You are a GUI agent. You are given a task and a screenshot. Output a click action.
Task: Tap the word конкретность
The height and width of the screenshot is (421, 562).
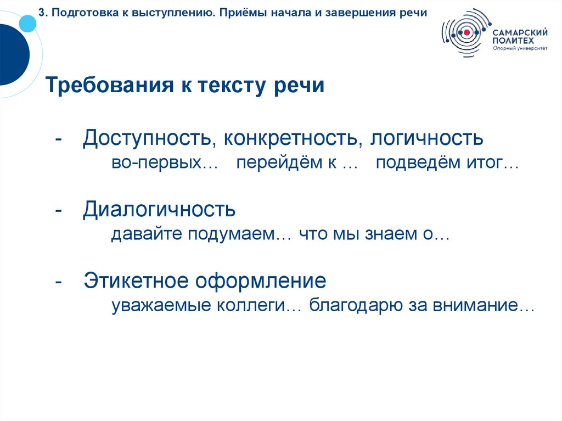286,138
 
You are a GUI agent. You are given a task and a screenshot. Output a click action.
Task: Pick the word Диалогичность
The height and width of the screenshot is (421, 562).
159,209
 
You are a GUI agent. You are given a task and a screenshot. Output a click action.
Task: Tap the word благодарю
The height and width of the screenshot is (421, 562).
356,306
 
